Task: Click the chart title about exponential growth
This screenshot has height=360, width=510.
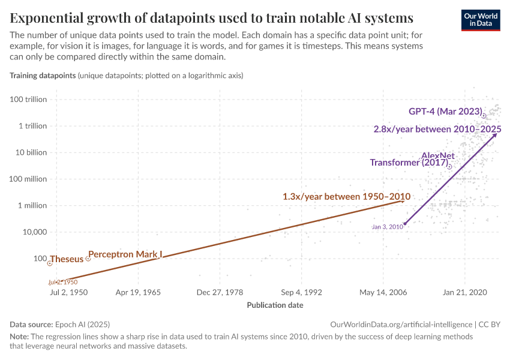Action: [211, 16]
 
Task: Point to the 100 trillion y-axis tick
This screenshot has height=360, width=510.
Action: [29, 100]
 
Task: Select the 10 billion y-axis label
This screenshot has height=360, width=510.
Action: [29, 152]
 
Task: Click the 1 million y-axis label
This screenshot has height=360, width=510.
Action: [30, 205]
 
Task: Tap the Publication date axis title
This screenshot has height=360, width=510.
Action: [275, 305]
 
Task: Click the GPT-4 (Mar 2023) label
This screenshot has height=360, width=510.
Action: [445, 112]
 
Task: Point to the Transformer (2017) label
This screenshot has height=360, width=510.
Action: [409, 163]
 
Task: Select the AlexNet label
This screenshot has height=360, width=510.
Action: [438, 155]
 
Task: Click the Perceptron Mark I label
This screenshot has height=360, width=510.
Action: [125, 254]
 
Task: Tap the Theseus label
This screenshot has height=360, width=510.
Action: [67, 260]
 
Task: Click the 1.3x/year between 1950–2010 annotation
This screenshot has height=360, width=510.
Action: [346, 196]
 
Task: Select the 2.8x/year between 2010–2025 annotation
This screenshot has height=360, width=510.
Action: [437, 129]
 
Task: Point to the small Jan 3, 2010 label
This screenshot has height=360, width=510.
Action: [386, 227]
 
